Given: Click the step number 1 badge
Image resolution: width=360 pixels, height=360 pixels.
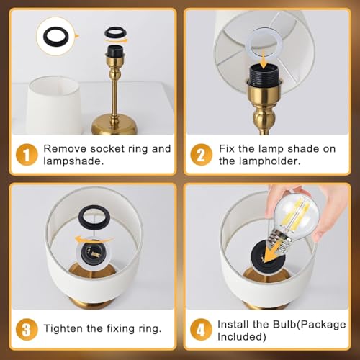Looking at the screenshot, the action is (x=27, y=155).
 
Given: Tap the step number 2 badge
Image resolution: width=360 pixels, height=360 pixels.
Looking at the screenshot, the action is (x=201, y=155).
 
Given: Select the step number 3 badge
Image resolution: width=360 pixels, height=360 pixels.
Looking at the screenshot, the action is (x=27, y=329).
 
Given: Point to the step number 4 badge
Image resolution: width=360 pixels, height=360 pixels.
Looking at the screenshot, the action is (x=201, y=329).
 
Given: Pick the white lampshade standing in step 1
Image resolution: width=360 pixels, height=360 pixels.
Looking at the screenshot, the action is (x=54, y=106).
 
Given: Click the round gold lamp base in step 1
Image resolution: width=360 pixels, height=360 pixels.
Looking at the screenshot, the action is (x=114, y=125).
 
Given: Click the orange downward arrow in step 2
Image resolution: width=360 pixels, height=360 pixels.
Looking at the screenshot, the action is (x=264, y=58).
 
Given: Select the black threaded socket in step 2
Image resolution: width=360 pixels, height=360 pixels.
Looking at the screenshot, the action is (x=263, y=73).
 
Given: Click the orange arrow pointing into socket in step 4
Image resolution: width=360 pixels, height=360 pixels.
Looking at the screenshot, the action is (x=274, y=250).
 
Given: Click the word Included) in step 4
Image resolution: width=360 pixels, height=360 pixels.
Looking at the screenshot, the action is (x=242, y=337).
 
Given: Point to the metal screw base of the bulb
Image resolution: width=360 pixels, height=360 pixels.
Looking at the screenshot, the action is (x=279, y=241).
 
